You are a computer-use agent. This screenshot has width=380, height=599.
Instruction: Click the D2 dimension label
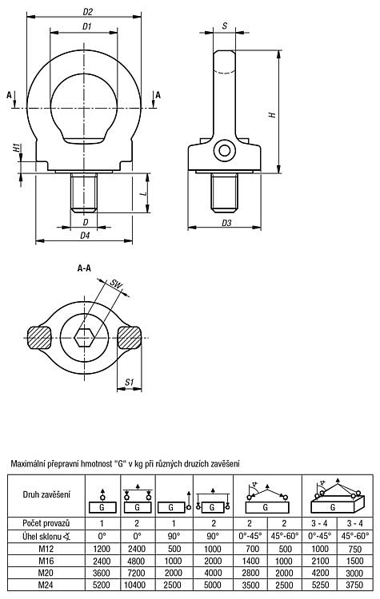pos(88,12)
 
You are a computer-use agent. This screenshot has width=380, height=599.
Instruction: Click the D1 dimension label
pos(86,26)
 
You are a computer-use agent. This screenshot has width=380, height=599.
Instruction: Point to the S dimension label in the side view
pos(225,26)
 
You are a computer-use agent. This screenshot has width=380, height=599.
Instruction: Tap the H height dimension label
pos(273,114)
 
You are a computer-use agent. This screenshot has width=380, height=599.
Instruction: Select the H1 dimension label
pos(17,148)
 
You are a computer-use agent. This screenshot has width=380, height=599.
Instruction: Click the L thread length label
pos(143,193)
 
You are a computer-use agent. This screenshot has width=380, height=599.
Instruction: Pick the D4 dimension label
pos(85,236)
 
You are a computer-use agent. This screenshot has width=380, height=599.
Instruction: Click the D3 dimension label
pos(226,223)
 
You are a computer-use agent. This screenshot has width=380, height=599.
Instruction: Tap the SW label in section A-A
pos(115,284)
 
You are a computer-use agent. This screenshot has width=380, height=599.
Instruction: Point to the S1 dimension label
pos(130,382)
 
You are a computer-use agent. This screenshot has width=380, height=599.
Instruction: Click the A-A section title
pos(84,268)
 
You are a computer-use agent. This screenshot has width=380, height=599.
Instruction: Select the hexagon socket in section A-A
pos(85,337)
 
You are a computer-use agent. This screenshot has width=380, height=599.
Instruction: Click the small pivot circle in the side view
pos(224,150)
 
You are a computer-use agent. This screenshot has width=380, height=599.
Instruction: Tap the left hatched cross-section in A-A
pos(39,337)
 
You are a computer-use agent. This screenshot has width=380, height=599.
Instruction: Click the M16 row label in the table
pos(46,561)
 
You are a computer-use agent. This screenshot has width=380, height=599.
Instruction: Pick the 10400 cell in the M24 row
pos(137,585)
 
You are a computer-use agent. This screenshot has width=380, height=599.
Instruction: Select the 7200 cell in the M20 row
pos(137,573)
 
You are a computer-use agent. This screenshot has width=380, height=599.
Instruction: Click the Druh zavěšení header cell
pos(46,494)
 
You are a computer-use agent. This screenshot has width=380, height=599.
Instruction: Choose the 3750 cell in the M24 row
pos(354,585)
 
